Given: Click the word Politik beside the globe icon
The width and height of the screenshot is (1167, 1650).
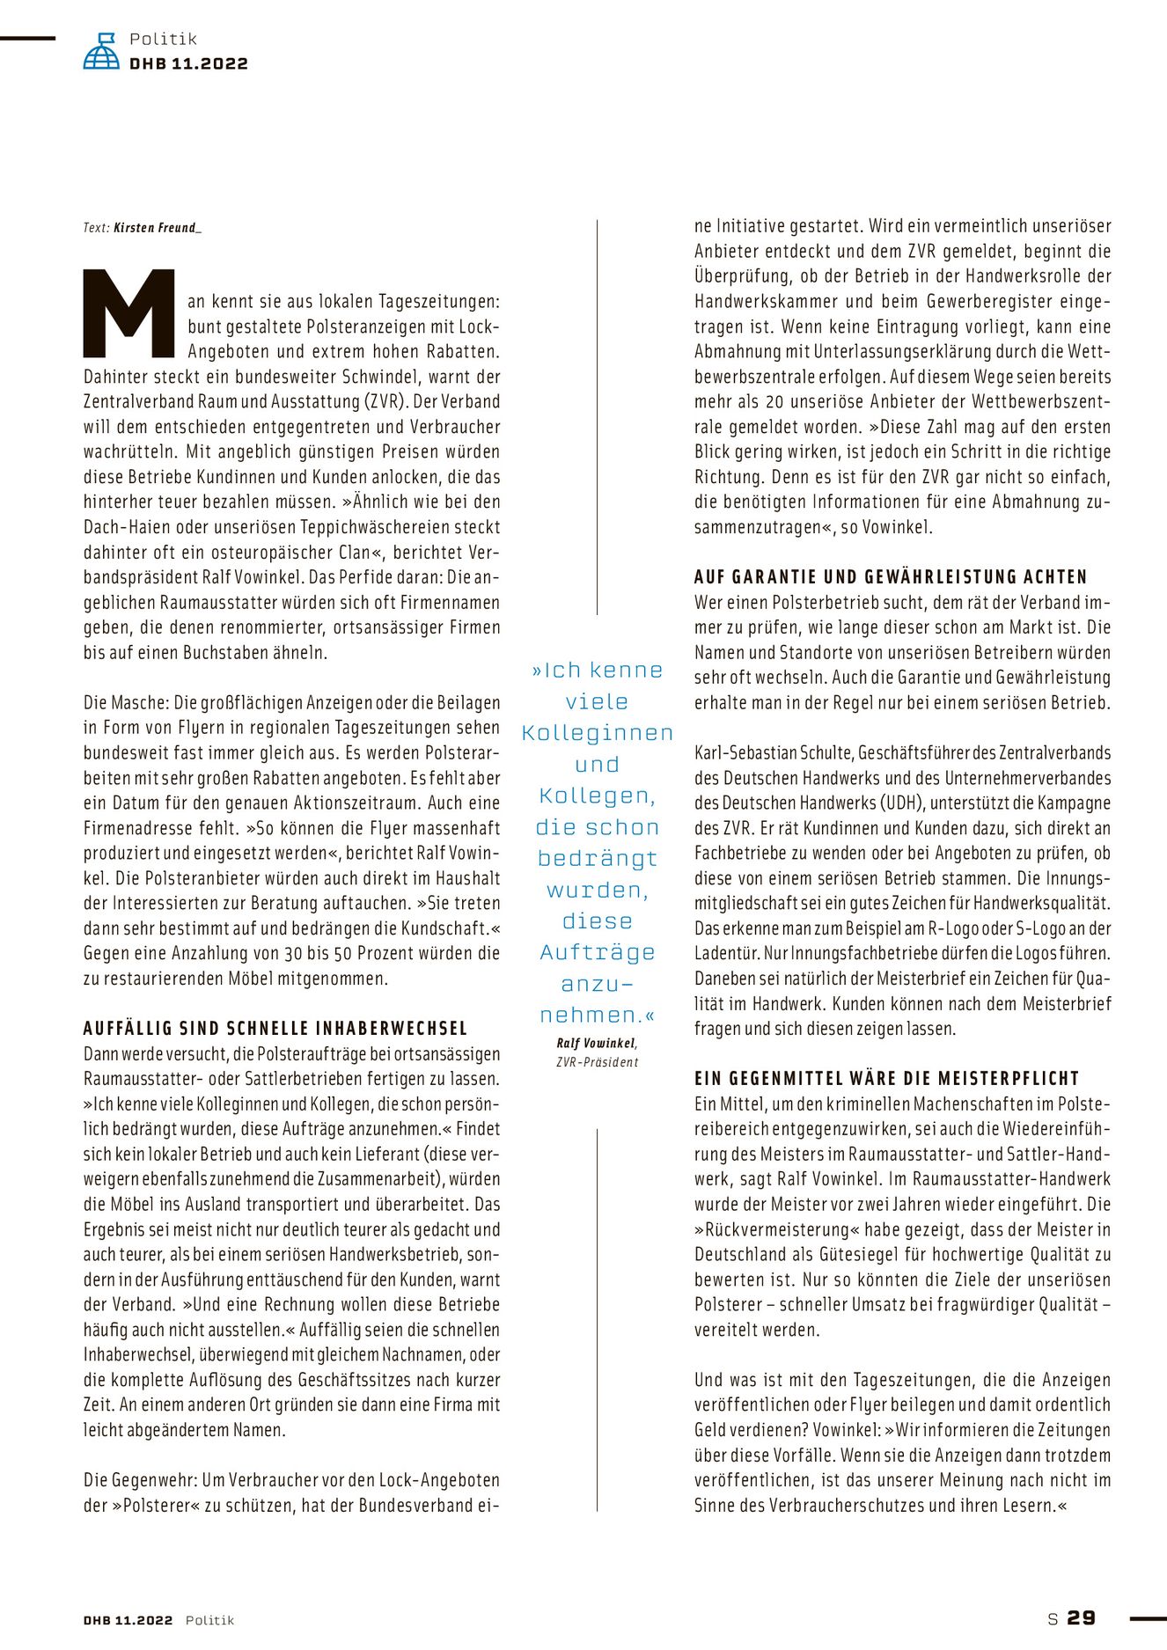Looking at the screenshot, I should click(x=163, y=39).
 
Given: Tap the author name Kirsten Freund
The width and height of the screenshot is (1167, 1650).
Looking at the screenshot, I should click(x=157, y=228).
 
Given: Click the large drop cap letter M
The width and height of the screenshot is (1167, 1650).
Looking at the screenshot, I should click(x=129, y=313).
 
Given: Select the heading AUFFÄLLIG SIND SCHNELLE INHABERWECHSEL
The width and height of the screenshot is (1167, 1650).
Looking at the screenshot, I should click(x=275, y=1029).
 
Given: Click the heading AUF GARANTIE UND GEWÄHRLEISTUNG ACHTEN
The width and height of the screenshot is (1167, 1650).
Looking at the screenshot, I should click(x=891, y=577).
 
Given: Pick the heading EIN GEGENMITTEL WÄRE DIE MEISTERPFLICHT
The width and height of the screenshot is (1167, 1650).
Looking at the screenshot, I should click(x=886, y=1079).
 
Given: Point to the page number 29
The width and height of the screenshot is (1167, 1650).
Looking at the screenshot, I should click(x=1082, y=1617).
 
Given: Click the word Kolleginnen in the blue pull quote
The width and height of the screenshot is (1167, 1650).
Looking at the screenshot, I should click(x=598, y=733).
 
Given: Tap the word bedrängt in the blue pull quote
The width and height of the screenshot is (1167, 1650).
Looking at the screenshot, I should click(x=598, y=859).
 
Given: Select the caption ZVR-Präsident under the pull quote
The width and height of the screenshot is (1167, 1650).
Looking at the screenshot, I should click(x=598, y=1062).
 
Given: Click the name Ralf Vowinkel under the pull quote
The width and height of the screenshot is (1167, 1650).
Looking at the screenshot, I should click(x=596, y=1044).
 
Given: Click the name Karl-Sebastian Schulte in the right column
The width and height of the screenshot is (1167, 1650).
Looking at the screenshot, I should click(x=773, y=753).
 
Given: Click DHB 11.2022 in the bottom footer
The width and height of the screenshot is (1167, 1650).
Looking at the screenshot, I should click(x=128, y=1620).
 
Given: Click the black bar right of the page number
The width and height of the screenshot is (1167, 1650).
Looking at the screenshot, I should click(x=1148, y=1617).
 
